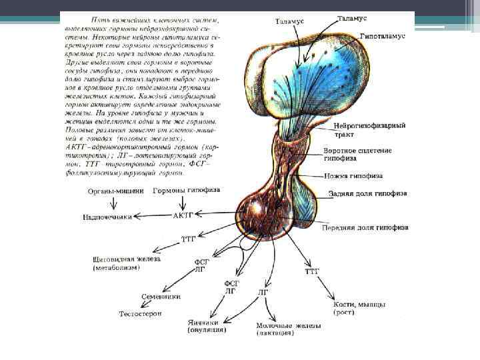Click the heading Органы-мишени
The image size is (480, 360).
[113, 191]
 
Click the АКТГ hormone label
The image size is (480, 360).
[182, 215]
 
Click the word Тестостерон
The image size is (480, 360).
[140, 313]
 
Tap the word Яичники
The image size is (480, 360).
[206, 321]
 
